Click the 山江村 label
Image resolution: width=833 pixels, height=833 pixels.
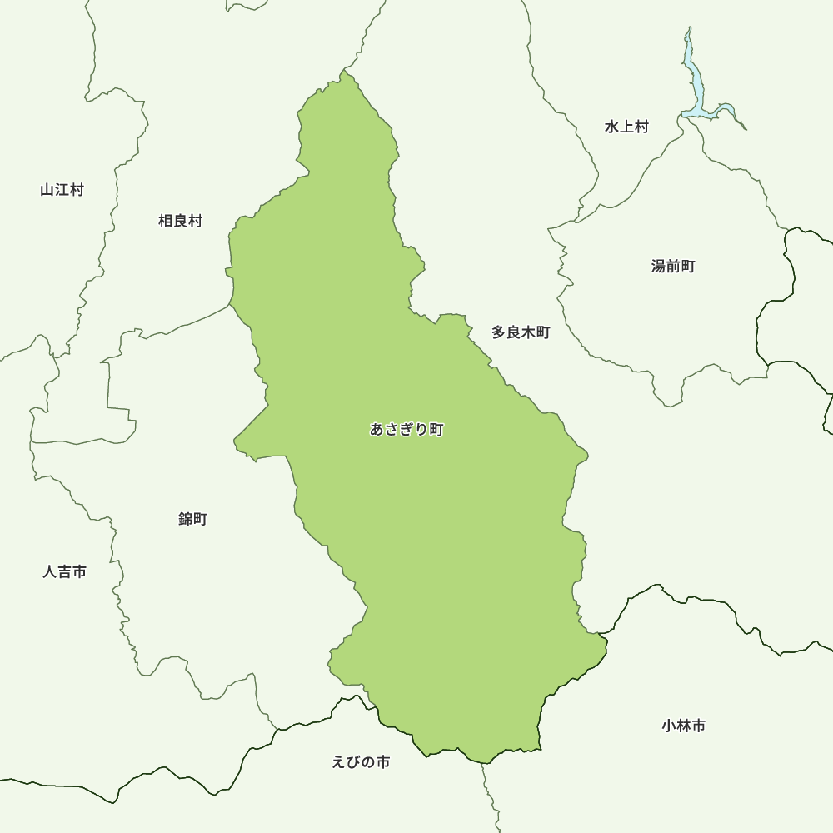[x=62, y=190]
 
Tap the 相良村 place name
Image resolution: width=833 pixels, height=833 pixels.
[x=180, y=221]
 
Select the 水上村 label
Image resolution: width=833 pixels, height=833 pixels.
[x=626, y=127]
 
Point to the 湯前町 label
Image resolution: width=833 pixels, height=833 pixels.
[x=673, y=267]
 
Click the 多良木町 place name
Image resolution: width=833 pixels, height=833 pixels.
[x=521, y=332]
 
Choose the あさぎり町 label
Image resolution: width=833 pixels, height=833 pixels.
[x=407, y=430]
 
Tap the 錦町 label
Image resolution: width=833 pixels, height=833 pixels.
[x=192, y=519]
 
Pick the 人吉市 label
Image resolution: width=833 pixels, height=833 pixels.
[x=65, y=572]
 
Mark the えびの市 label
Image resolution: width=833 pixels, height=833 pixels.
[x=361, y=762]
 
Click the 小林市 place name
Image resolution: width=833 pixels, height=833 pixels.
[x=684, y=726]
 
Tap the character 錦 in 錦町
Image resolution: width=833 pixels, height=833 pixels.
[x=185, y=519]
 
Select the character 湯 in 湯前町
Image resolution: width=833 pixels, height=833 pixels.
[x=658, y=267]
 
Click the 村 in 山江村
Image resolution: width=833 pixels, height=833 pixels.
[x=77, y=190]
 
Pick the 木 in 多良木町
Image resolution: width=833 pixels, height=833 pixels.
[x=528, y=332]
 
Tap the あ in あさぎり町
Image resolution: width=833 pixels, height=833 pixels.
[x=377, y=430]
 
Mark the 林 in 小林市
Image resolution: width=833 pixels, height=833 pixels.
[x=684, y=726]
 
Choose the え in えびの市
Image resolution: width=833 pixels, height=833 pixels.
[x=338, y=762]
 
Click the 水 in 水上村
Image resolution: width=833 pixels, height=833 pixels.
[x=611, y=127]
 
